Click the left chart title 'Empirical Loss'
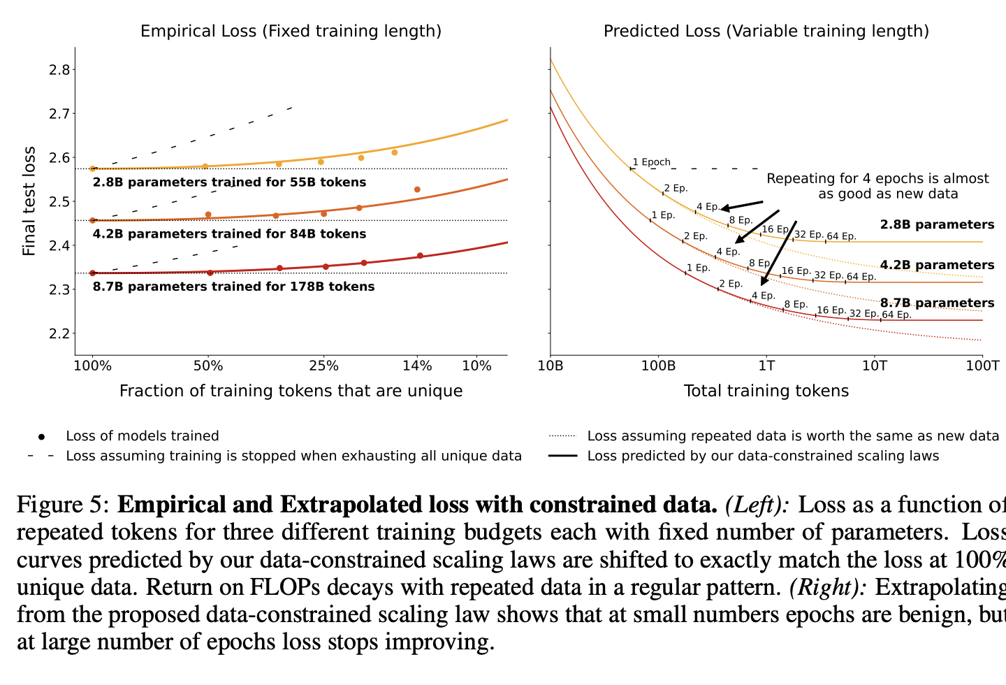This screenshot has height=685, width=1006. (291, 31)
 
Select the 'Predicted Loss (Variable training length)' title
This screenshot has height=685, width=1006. (766, 31)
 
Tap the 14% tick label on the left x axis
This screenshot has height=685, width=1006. (418, 366)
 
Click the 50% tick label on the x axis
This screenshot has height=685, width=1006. (208, 366)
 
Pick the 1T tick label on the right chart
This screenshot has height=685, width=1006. (766, 366)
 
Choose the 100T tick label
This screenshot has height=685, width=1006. (982, 366)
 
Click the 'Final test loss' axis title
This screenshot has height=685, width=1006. (29, 201)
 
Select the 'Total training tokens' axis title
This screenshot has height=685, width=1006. (766, 391)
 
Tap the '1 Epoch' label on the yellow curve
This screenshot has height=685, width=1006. (651, 162)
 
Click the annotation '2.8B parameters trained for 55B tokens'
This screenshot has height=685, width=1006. (229, 182)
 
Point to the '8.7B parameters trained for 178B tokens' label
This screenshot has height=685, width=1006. (233, 287)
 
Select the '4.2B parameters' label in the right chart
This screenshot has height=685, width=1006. (937, 265)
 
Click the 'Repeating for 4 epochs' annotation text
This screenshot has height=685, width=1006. (877, 186)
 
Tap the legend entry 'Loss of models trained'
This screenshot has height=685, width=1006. (142, 436)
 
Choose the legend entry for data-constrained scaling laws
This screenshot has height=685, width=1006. (763, 456)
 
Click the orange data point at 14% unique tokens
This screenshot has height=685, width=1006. (417, 189)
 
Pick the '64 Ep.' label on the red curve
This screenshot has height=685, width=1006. (896, 315)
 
